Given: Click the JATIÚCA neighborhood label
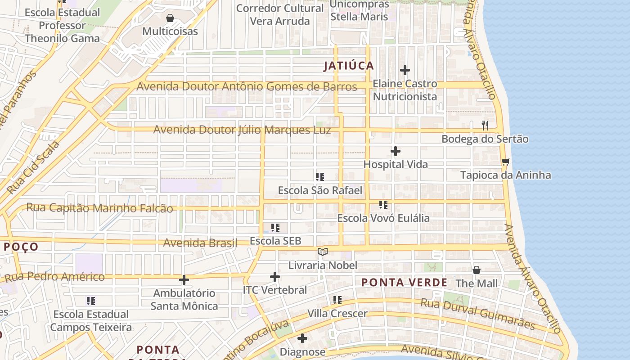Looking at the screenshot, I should point(349,66).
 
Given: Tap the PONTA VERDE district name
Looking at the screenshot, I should point(405,283).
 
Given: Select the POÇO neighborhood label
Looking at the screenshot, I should point(21,247).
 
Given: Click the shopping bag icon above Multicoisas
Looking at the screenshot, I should point(170,18).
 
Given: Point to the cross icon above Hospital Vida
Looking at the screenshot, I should point(396,151).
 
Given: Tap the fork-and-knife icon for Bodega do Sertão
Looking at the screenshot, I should point(485,125).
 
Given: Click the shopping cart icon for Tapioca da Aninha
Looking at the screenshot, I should point(505,162).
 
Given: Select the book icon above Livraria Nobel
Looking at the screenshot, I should point(322,252).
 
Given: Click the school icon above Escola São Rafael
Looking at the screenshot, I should point(320,177).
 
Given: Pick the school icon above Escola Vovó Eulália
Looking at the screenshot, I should point(383,205).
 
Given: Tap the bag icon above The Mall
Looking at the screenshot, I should point(477,270).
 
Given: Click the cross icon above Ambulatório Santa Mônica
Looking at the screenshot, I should point(184,280).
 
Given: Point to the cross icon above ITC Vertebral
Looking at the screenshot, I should point(275,276).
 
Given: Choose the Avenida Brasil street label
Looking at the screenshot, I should point(200,243).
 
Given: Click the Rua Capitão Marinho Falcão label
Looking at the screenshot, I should point(99,208).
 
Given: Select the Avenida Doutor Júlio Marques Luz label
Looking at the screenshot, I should point(242,130).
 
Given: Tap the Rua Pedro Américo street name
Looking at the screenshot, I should point(54,277).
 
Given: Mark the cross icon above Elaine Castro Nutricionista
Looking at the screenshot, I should point(405,70).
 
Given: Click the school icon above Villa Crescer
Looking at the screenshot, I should point(337,300).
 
